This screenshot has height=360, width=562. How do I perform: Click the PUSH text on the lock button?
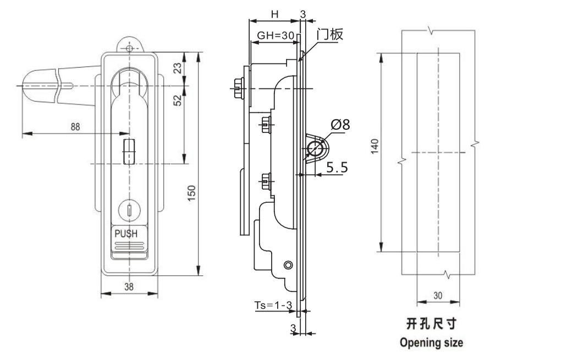[125, 232]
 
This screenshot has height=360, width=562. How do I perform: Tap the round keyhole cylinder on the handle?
[128, 210]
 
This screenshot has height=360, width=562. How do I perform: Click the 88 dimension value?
[75, 126]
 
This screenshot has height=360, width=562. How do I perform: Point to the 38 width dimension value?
[129, 286]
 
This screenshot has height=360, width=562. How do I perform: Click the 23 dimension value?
[178, 68]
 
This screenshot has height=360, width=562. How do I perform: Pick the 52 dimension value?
[178, 100]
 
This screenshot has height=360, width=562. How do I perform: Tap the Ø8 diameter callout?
[340, 125]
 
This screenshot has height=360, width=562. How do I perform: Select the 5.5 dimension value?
[337, 167]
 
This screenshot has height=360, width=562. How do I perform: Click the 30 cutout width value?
[438, 295]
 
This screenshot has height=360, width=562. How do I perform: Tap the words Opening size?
[431, 342]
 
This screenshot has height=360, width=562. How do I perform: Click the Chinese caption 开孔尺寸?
[431, 323]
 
